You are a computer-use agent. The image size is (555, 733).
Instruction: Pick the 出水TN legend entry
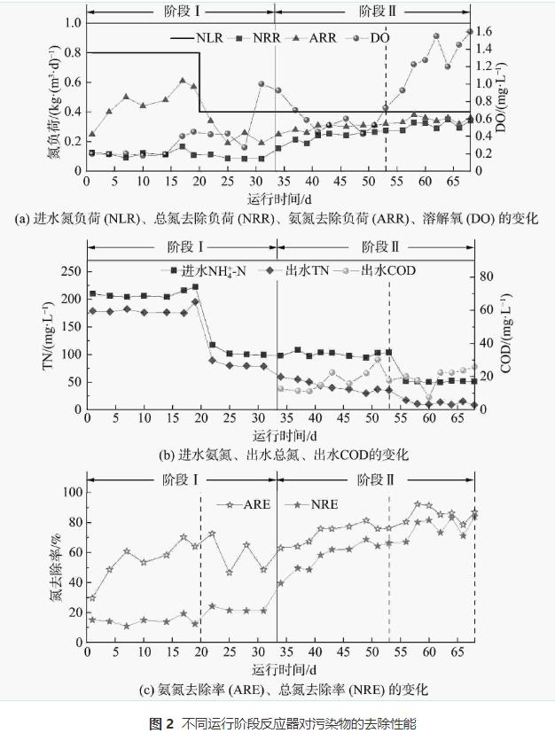click(306, 269)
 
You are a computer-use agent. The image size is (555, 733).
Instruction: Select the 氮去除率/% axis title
click(55, 565)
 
